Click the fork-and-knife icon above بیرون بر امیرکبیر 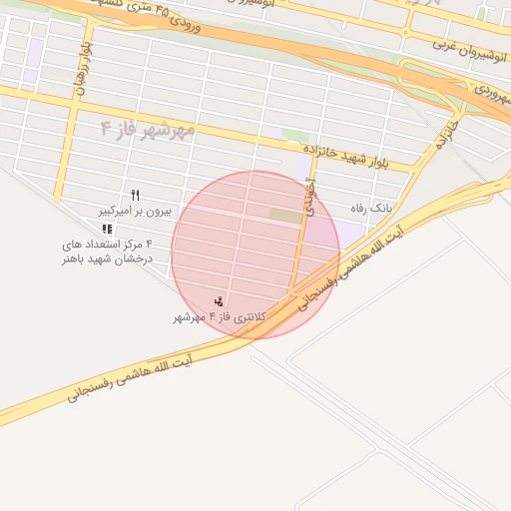(x=136, y=195)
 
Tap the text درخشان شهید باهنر (x=103, y=258)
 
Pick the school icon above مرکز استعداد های (x=107, y=230)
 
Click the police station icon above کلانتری (x=219, y=301)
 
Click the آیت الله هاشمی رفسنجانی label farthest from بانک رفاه (x=130, y=374)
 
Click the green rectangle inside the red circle (x=284, y=216)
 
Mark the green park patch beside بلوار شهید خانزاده (x=293, y=135)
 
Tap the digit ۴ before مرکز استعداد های (x=149, y=244)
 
